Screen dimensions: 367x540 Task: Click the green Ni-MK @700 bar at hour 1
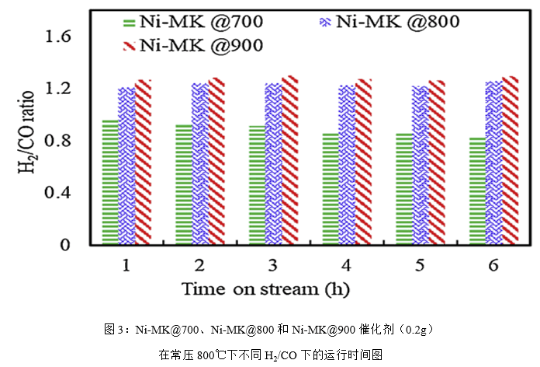point(110,183)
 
